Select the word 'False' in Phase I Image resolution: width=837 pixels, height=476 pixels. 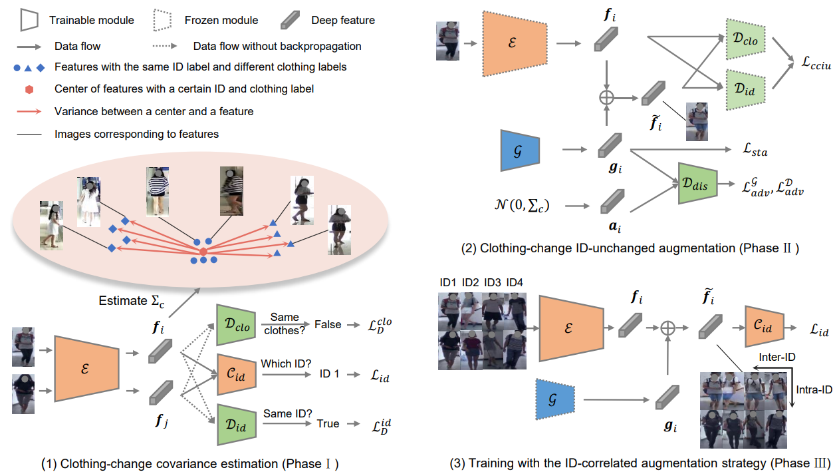click(328, 324)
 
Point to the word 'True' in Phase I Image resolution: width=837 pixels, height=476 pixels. click(328, 423)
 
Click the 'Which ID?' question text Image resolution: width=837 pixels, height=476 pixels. click(287, 364)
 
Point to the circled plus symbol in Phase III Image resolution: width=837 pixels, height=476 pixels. click(665, 328)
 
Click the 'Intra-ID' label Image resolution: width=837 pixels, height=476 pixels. click(813, 390)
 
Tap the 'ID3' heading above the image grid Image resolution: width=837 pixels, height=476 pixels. click(493, 283)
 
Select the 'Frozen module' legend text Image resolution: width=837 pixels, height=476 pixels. click(221, 20)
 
